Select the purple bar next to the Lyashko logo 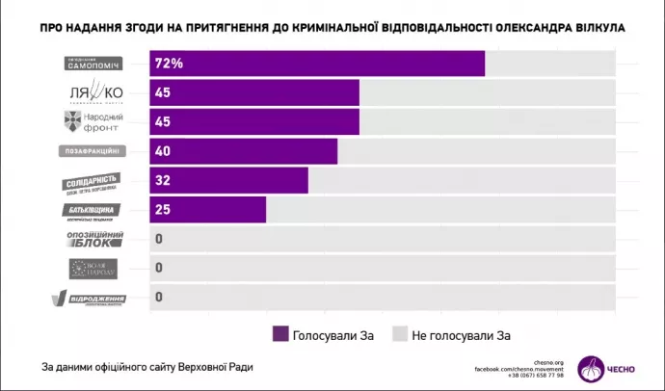click(x=255, y=93)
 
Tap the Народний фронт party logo click(x=93, y=122)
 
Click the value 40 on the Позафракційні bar click(x=163, y=151)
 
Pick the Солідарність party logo click(x=93, y=181)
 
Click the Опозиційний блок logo click(x=93, y=239)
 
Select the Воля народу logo click(x=93, y=268)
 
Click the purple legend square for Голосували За click(x=280, y=333)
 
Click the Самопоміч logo click(x=93, y=64)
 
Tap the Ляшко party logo click(x=93, y=93)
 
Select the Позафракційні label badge click(x=93, y=151)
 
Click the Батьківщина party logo click(x=93, y=210)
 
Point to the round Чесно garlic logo click(x=595, y=366)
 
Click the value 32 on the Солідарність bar click(x=163, y=181)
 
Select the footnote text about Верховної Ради click(x=151, y=366)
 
